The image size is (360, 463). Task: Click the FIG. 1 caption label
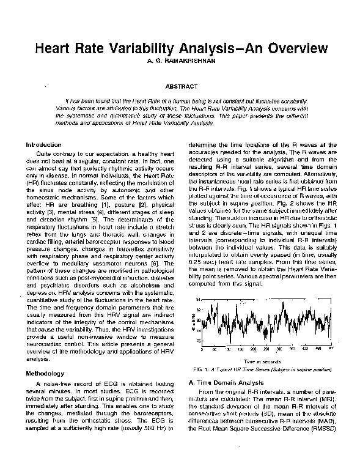click(200, 371)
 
